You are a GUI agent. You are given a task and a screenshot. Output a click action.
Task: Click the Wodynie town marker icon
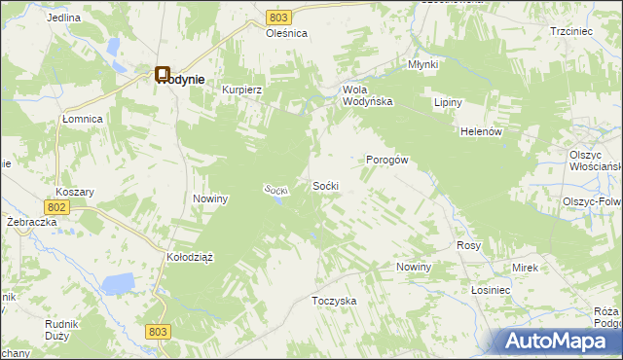[x=163, y=73]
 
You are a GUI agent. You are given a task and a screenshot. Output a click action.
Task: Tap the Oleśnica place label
[x=287, y=33]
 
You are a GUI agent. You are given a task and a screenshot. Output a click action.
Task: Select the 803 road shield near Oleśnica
[x=279, y=18]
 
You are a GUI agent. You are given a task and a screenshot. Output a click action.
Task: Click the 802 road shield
[x=55, y=207]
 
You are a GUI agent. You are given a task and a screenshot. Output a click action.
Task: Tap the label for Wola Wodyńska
[x=367, y=95]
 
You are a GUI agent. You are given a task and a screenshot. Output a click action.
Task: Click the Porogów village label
[x=385, y=161]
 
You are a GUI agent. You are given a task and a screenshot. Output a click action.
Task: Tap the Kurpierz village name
[x=243, y=89]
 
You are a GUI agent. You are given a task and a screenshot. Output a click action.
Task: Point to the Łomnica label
[x=83, y=118]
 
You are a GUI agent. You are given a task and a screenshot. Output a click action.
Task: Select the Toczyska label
[x=334, y=301]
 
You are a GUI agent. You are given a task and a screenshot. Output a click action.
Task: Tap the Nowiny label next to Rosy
[x=414, y=267]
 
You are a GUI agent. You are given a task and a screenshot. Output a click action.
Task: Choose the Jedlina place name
[x=63, y=18]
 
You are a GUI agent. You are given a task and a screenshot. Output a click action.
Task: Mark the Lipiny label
[x=448, y=102]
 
